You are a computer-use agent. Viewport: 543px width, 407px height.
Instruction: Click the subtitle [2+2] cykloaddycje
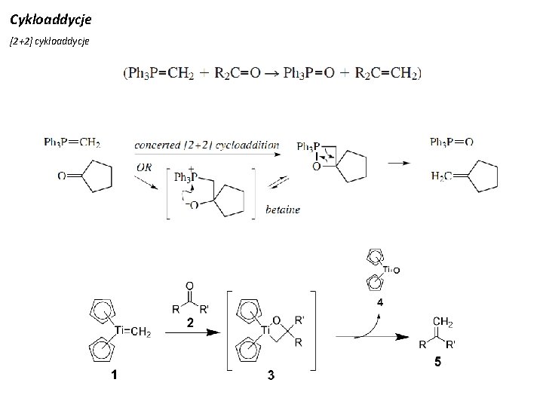pyautogui.click(x=50, y=41)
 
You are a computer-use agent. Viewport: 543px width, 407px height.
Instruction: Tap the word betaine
pyautogui.click(x=283, y=210)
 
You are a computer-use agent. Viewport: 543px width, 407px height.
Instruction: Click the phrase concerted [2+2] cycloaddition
pyautogui.click(x=207, y=145)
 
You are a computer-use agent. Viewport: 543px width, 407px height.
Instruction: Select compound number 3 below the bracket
pyautogui.click(x=270, y=377)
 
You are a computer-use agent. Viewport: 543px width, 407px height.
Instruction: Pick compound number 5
pyautogui.click(x=437, y=363)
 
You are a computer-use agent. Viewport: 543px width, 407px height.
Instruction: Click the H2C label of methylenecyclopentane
pyautogui.click(x=440, y=176)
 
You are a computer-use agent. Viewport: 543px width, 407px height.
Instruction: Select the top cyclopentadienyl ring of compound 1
pyautogui.click(x=102, y=310)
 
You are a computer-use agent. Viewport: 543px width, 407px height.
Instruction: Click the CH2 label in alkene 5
pyautogui.click(x=443, y=323)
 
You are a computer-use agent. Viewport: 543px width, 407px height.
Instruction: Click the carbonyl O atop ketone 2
pyautogui.click(x=189, y=286)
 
